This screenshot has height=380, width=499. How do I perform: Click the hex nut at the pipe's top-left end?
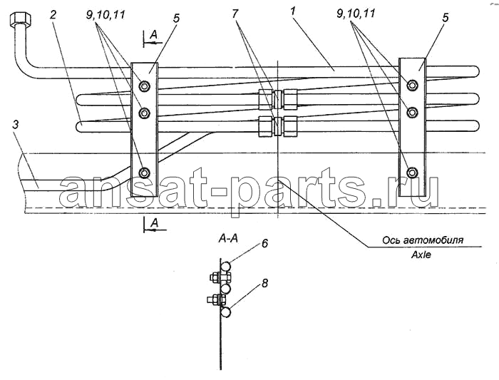[x=21, y=20]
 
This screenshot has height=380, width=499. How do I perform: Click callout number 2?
[x=53, y=15]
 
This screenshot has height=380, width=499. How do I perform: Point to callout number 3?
[x=16, y=125]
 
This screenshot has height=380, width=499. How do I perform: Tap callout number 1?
[x=293, y=12]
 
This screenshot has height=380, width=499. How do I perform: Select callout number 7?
[x=235, y=14]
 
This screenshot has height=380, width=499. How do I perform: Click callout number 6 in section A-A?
[x=264, y=244]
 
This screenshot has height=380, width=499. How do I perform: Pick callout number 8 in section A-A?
[x=264, y=283]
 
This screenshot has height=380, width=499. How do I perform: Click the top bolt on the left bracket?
[x=145, y=86]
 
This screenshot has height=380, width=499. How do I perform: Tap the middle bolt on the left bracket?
[x=145, y=113]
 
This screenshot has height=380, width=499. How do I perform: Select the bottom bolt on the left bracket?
[x=145, y=173]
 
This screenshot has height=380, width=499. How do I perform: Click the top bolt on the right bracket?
[x=413, y=84]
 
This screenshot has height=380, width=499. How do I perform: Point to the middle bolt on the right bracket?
[x=413, y=112]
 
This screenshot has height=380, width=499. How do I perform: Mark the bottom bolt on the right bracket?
[x=413, y=172]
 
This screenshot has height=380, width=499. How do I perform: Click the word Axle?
[x=421, y=255]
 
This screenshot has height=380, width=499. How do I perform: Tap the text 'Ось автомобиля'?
[x=423, y=240]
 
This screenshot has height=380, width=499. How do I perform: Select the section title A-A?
[x=228, y=238]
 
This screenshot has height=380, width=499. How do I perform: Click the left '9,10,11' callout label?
[x=106, y=15]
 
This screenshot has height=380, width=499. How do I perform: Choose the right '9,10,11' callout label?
[x=355, y=14]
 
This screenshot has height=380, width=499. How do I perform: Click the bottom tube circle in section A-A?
[x=226, y=312]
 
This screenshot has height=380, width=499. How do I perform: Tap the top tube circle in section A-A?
[x=226, y=266]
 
